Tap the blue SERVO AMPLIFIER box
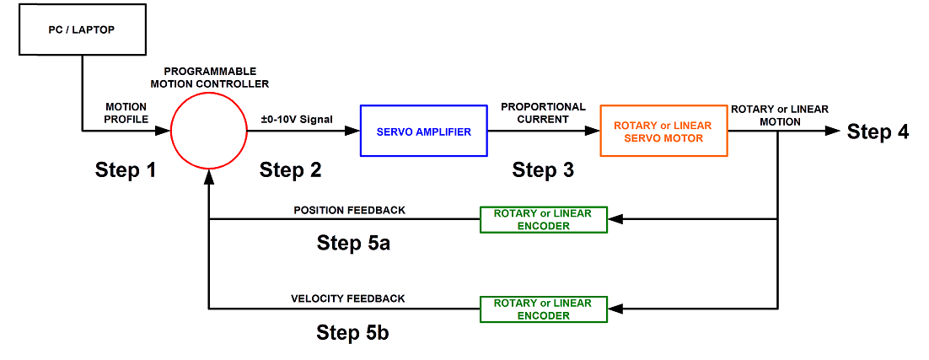(423, 131)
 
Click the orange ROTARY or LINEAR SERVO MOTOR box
(663, 131)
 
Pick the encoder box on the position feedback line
(543, 219)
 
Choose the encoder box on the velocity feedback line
(543, 309)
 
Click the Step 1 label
(125, 170)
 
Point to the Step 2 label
(290, 170)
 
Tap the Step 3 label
(543, 170)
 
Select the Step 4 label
(878, 132)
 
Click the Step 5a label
(353, 243)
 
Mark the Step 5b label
(353, 332)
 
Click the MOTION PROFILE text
(126, 113)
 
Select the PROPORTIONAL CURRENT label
(543, 113)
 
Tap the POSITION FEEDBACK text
(349, 209)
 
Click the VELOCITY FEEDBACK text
(348, 298)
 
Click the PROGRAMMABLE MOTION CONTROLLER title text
(210, 77)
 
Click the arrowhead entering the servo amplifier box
(352, 131)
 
